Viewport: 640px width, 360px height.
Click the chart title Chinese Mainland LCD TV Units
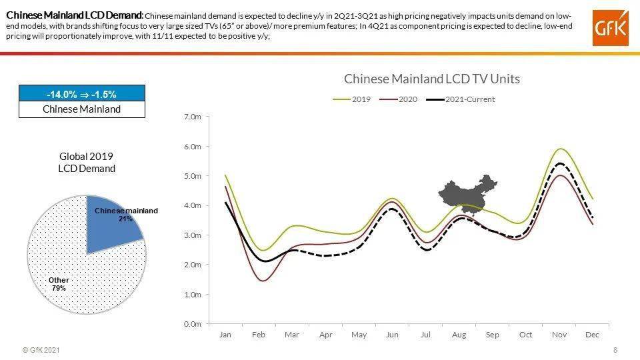pyautogui.click(x=431, y=79)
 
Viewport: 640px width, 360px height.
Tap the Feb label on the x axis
pyautogui.click(x=259, y=335)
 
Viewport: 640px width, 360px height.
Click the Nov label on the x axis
pyautogui.click(x=559, y=335)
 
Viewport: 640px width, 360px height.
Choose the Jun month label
pyautogui.click(x=392, y=335)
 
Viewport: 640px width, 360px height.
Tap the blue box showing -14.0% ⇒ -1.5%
pyautogui.click(x=81, y=94)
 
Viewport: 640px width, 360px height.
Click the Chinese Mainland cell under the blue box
pyautogui.click(x=81, y=109)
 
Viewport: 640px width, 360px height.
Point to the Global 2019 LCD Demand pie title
pyautogui.click(x=87, y=163)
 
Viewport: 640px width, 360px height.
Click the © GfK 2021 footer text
pyautogui.click(x=41, y=350)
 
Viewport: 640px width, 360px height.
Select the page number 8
pyautogui.click(x=615, y=350)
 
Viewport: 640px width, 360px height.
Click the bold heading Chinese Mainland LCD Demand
pyautogui.click(x=74, y=15)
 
